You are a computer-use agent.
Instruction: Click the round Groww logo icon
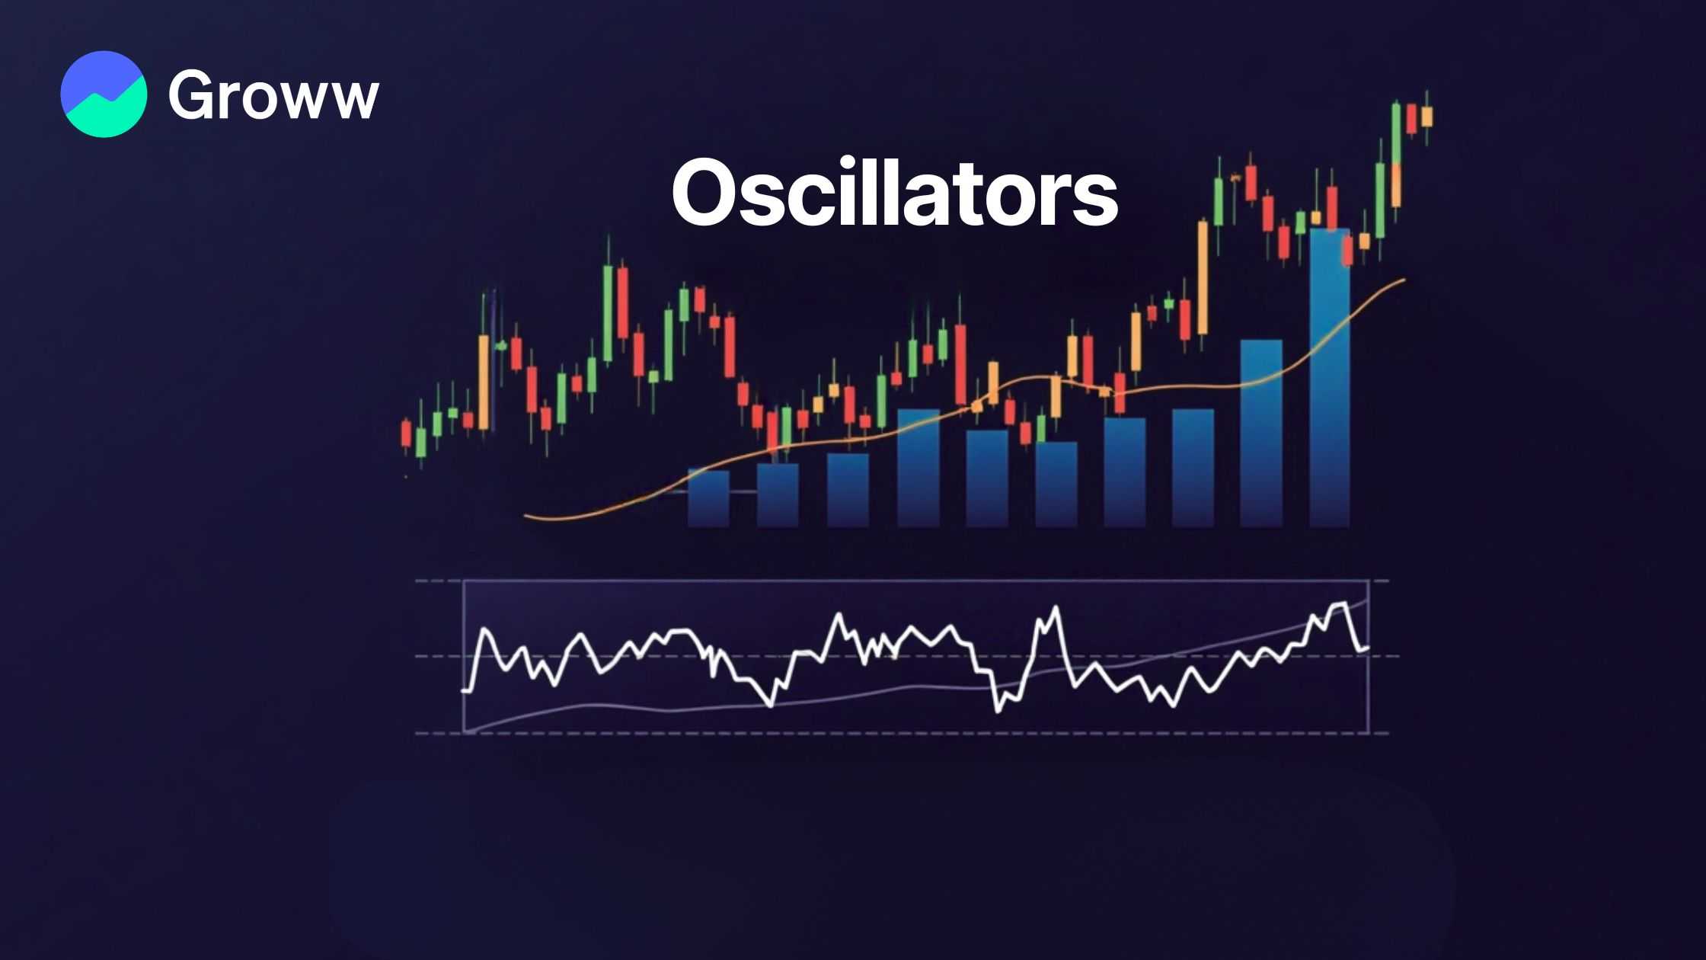tap(104, 94)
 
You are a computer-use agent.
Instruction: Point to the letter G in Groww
tap(193, 94)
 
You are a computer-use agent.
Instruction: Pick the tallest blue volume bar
tap(1329, 378)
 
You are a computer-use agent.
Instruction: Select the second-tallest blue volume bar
tap(1261, 434)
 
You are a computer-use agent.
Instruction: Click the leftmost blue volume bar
tap(708, 498)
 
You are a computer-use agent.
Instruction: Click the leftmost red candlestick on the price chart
tap(406, 434)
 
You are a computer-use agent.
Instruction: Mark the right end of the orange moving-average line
tap(1404, 280)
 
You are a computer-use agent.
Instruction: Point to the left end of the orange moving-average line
tap(526, 517)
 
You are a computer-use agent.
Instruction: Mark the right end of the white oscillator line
tap(1368, 648)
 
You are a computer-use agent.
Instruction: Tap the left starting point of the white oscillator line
tap(464, 691)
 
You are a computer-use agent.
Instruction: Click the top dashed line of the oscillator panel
tap(902, 581)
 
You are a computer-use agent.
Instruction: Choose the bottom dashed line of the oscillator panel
tap(902, 734)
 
